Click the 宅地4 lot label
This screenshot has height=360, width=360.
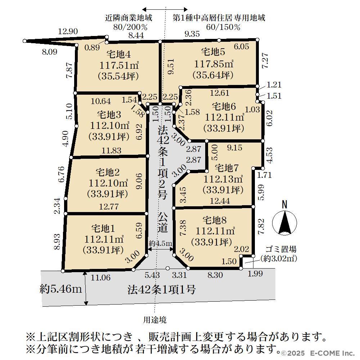click(x=119, y=54)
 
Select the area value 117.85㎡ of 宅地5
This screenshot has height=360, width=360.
click(x=214, y=64)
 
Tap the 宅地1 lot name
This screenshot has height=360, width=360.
click(x=103, y=229)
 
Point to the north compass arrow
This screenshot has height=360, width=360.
click(x=284, y=222)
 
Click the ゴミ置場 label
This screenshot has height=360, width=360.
click(x=281, y=249)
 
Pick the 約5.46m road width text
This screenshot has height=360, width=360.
click(x=60, y=289)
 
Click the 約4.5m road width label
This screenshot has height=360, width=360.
click(x=160, y=243)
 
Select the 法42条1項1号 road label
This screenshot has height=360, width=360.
click(x=162, y=290)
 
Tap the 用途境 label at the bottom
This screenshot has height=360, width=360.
click(x=155, y=320)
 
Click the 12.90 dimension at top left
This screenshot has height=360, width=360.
click(x=68, y=31)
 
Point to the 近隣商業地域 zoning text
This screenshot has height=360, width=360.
click(x=129, y=18)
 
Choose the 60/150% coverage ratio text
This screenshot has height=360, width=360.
click(x=223, y=27)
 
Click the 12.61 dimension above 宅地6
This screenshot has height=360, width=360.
click(x=220, y=93)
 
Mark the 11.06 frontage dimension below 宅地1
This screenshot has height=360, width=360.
click(x=100, y=278)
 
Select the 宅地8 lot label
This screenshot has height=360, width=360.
click(x=215, y=220)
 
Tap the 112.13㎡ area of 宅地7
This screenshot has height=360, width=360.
click(x=223, y=179)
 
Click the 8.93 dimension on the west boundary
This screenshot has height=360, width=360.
click(x=57, y=242)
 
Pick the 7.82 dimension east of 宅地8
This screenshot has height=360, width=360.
click(x=261, y=226)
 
